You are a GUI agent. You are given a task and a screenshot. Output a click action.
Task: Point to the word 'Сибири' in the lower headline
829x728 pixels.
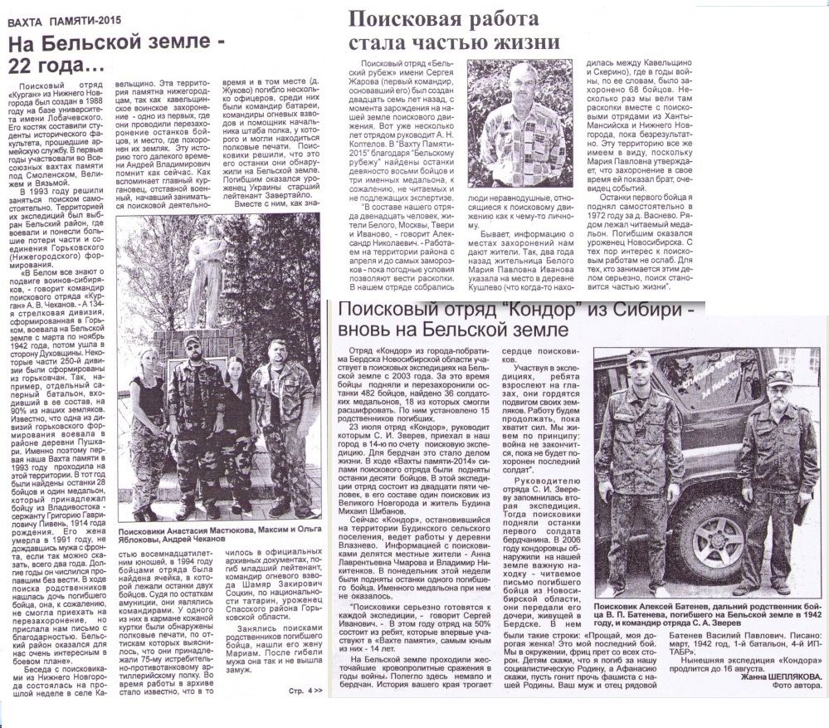click(655, 310)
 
